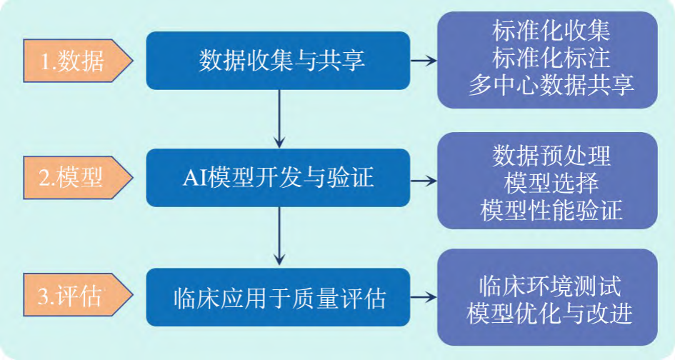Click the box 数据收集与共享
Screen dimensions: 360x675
[278, 61]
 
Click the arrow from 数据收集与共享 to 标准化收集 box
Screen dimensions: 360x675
[424, 61]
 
